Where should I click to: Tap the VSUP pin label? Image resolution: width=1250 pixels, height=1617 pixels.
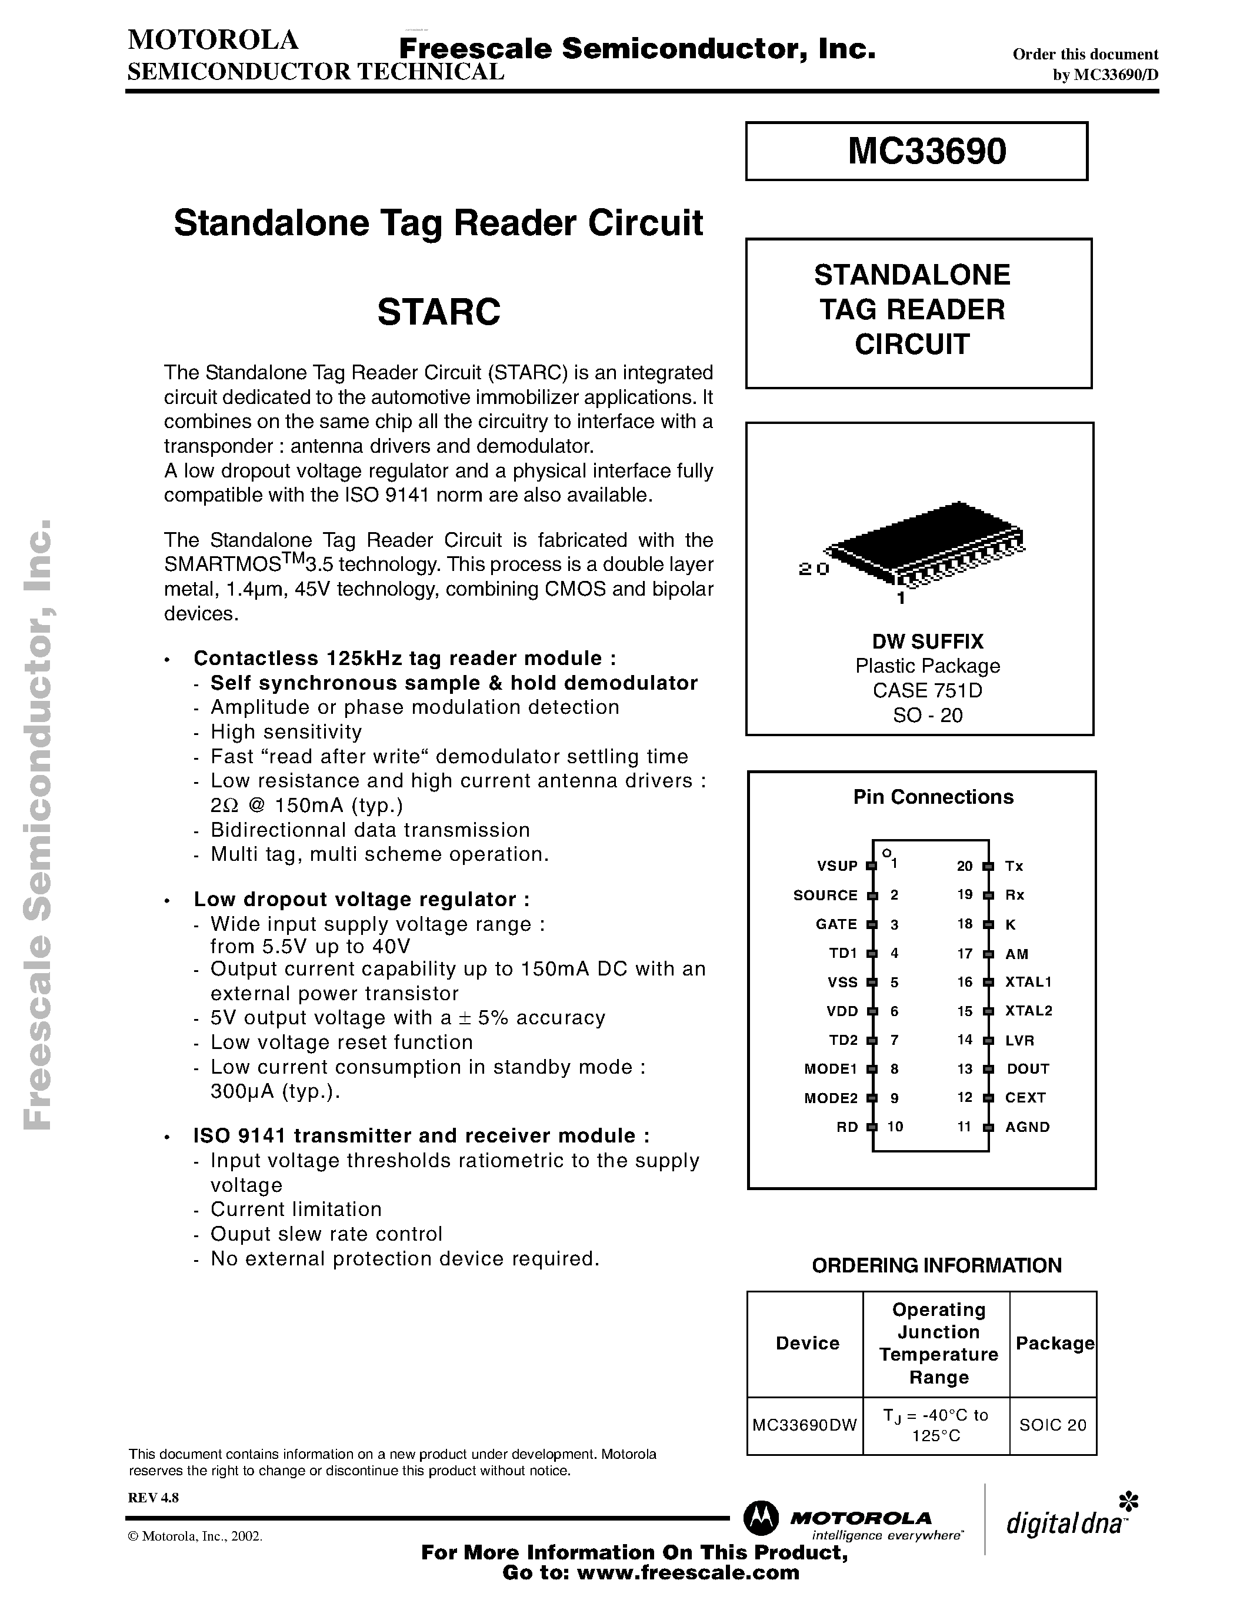point(837,866)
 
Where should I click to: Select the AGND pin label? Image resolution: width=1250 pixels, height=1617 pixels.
point(1027,1127)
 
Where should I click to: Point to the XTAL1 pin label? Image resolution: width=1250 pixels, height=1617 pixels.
point(1028,982)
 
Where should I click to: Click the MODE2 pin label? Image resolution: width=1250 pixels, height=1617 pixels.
point(830,1098)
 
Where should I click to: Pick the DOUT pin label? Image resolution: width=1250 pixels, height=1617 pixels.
point(1028,1068)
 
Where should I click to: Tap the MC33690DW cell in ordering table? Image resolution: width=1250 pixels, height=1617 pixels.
point(804,1425)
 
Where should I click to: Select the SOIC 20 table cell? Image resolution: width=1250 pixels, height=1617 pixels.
point(1052,1425)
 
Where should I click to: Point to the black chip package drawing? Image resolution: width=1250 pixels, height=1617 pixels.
point(926,544)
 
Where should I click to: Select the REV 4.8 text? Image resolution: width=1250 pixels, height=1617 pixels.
point(154,1497)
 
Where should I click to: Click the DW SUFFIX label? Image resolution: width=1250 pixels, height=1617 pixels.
point(927,641)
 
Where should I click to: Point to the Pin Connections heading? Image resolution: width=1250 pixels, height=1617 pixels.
point(933,797)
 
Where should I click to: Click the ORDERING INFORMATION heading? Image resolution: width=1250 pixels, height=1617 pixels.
point(936,1265)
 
